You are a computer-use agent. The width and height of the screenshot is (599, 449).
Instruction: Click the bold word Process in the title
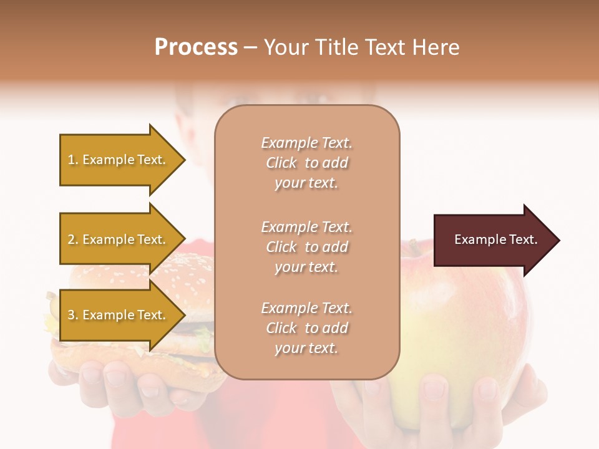click(x=196, y=47)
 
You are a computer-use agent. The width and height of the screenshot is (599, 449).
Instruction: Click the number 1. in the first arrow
click(x=73, y=160)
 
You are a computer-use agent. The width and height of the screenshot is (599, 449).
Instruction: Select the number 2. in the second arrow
click(x=73, y=239)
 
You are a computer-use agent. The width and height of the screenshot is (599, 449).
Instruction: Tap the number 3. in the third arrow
click(x=73, y=315)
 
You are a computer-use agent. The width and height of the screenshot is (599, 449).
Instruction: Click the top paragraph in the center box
click(x=306, y=163)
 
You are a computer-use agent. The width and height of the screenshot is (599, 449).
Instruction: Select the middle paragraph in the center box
click(x=306, y=247)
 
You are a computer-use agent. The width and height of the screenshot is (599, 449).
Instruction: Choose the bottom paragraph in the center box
click(x=306, y=328)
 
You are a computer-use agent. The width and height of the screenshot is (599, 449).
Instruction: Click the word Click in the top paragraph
click(x=281, y=163)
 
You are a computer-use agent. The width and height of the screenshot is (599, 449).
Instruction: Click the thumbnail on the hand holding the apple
click(x=434, y=390)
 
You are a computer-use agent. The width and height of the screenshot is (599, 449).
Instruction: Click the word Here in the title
click(x=437, y=47)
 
